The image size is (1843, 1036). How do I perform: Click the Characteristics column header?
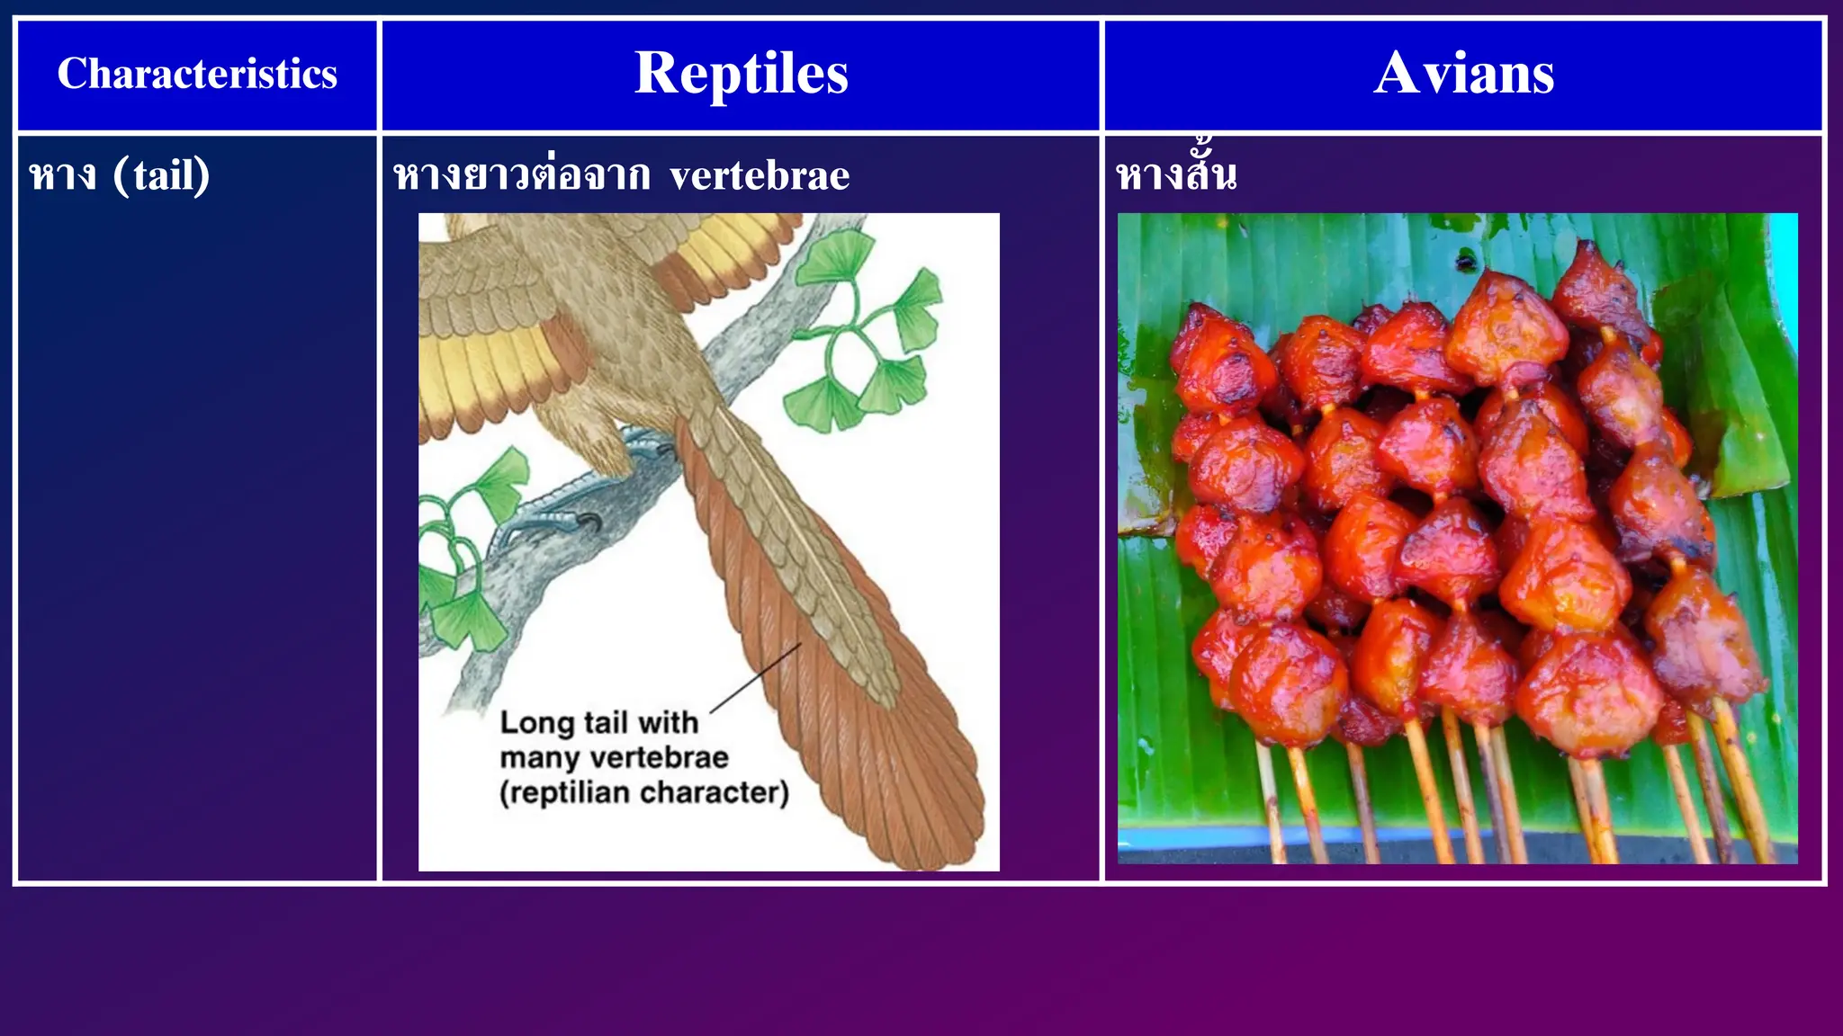[197, 74]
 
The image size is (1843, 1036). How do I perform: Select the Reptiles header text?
[741, 73]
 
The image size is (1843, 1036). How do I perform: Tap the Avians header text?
[1463, 73]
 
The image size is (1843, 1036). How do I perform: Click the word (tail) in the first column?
[162, 174]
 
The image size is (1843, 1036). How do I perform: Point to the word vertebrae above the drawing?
[760, 175]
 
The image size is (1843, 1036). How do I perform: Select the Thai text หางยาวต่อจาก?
[522, 175]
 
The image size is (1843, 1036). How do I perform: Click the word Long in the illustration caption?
[536, 722]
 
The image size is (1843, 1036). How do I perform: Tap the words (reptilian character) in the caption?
[644, 792]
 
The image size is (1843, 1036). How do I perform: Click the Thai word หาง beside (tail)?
[62, 175]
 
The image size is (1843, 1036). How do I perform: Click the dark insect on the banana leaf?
[1466, 262]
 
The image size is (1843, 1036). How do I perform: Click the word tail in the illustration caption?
[607, 722]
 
